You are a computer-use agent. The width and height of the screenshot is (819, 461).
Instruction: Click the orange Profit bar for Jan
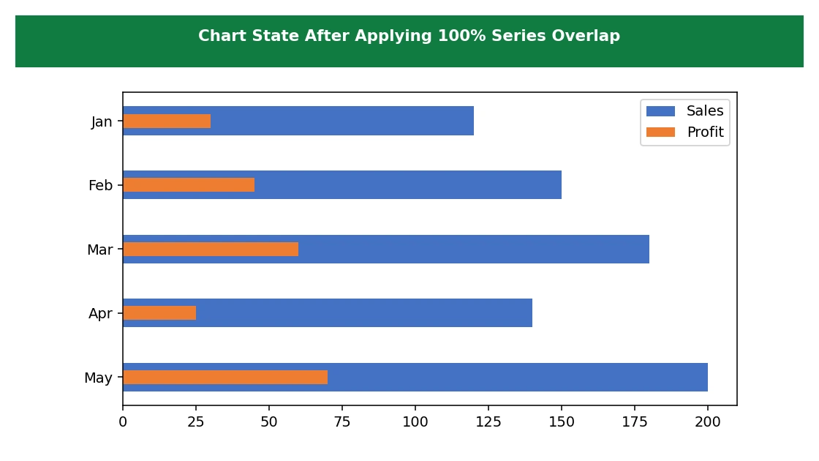point(167,121)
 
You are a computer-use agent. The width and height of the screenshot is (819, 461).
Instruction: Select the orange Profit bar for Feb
point(189,185)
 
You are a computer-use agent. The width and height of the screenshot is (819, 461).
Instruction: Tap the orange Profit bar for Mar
point(211,250)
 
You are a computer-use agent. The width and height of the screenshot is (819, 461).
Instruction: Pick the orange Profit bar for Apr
point(159,313)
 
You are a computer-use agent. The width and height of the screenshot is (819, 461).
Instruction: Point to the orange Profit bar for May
point(225,378)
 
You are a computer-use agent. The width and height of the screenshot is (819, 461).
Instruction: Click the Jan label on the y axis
point(102,121)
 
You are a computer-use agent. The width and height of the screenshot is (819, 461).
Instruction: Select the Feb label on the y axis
point(100,186)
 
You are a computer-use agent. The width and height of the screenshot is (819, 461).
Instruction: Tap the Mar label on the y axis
point(99,250)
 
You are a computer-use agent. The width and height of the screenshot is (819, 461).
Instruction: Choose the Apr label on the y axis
point(100,314)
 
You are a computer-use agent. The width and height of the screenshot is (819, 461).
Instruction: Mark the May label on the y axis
point(98,378)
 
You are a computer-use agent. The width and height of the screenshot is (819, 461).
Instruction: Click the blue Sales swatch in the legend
point(660,110)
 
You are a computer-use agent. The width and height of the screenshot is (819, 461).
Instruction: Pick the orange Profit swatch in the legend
point(660,132)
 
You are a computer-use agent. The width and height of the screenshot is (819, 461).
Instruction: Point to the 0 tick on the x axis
point(123,421)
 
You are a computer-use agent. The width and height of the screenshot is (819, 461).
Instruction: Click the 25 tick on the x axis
point(196,421)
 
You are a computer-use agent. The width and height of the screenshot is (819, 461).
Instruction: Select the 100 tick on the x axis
point(415,421)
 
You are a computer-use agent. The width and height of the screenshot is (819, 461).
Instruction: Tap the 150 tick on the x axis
point(562,421)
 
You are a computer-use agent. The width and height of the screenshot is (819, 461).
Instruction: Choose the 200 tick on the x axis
point(708,421)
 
